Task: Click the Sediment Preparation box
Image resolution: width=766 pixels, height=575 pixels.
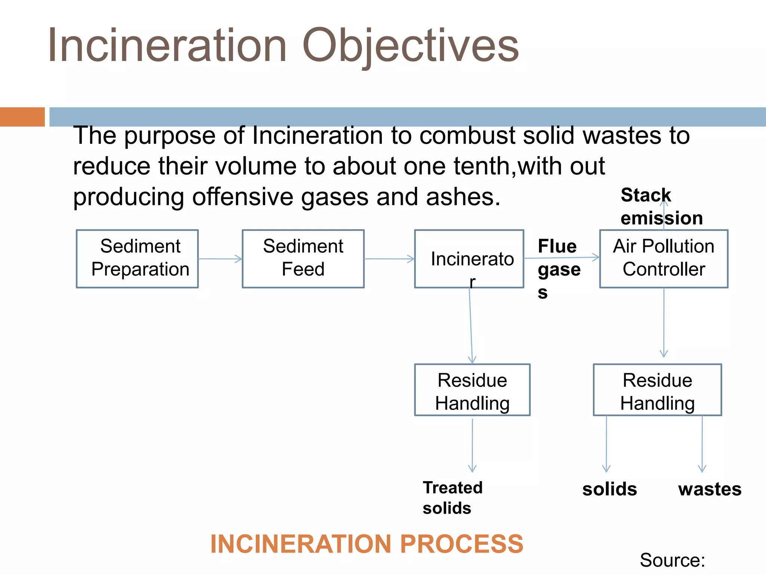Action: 137,259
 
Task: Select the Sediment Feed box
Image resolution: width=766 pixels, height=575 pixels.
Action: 303,259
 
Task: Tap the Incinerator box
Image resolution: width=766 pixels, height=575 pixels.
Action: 469,259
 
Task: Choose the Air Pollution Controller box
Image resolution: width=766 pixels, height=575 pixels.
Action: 664,259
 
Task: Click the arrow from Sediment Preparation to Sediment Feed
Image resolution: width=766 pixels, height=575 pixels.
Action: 220,259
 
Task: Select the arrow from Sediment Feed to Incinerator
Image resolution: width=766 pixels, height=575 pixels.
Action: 389,259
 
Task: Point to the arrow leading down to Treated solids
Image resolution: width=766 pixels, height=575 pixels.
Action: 472,445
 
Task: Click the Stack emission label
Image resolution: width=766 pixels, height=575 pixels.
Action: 661,207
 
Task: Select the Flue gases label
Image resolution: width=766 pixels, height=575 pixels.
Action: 558,269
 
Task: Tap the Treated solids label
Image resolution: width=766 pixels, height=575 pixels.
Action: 452,498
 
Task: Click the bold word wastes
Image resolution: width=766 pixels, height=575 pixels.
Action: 710,489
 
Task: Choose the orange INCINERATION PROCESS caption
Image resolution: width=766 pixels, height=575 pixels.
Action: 367,544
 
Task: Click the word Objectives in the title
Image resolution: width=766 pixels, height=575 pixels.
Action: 410,46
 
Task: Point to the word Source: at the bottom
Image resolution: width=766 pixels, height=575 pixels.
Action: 672,560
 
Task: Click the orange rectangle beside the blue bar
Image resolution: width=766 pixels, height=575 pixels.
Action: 22,117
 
